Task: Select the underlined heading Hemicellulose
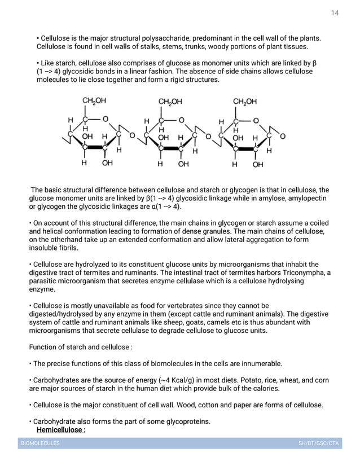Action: pos(60,430)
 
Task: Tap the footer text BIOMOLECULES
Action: pos(40,444)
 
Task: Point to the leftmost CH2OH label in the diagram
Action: pos(94,102)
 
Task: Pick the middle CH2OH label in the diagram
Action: pos(170,102)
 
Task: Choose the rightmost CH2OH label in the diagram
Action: pos(245,102)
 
